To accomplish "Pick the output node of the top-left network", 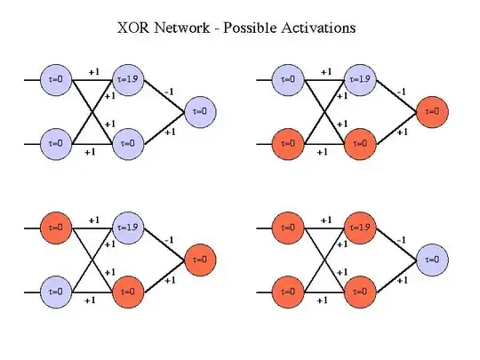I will pyautogui.click(x=200, y=112).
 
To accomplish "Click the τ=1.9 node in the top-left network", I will pyautogui.click(x=129, y=79).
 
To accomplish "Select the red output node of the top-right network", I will pyautogui.click(x=433, y=112).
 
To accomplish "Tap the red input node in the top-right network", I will pyautogui.click(x=290, y=143).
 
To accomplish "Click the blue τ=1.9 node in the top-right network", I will pyautogui.click(x=361, y=79).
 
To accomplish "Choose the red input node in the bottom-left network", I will pyautogui.click(x=57, y=228).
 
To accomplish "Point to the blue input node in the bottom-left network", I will pyautogui.click(x=57, y=291).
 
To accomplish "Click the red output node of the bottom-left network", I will pyautogui.click(x=200, y=260).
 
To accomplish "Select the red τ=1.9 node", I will pyautogui.click(x=361, y=228).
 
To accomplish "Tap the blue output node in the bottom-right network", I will pyautogui.click(x=433, y=260).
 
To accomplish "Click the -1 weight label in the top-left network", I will pyautogui.click(x=169, y=90).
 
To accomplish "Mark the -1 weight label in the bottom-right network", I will pyautogui.click(x=402, y=238).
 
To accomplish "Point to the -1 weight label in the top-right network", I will pyautogui.click(x=402, y=90).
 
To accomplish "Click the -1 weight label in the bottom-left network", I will pyautogui.click(x=169, y=238).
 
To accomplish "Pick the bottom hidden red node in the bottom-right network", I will pyautogui.click(x=361, y=291).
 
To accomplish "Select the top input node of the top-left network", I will pyautogui.click(x=57, y=79).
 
